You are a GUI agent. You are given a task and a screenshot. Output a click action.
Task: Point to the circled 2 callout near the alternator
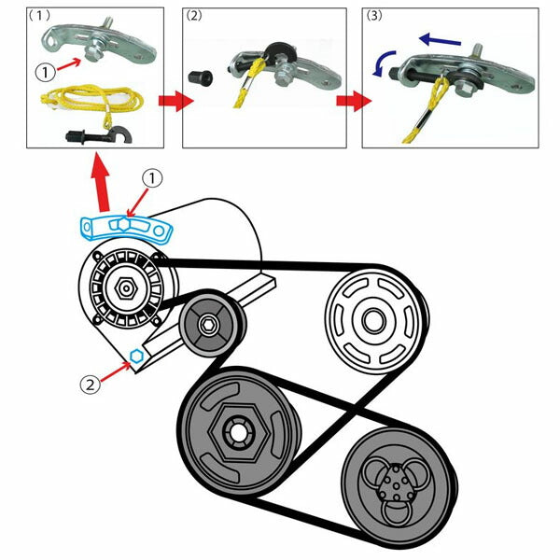pos(88,381)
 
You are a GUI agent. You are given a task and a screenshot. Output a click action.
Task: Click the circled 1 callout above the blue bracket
pos(153,177)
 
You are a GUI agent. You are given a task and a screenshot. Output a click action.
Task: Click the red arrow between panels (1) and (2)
pos(170,101)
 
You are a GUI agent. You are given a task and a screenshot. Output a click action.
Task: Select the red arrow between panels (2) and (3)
pos(348,101)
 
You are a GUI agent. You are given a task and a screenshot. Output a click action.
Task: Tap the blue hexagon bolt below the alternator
pos(136,356)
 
